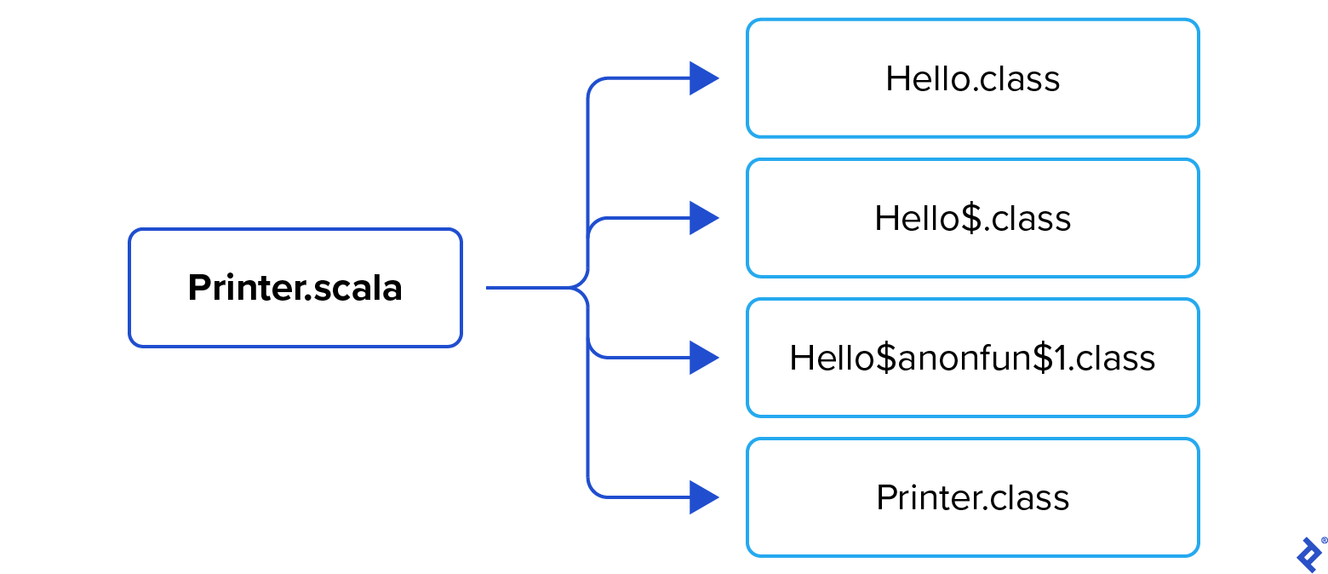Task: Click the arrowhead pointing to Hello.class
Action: (702, 78)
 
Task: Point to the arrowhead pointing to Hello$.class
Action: (702, 218)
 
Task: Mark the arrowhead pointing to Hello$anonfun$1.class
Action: (702, 358)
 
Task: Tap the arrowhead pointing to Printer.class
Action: (702, 497)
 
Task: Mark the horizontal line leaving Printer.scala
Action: (528, 288)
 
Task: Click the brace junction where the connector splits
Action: (587, 288)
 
